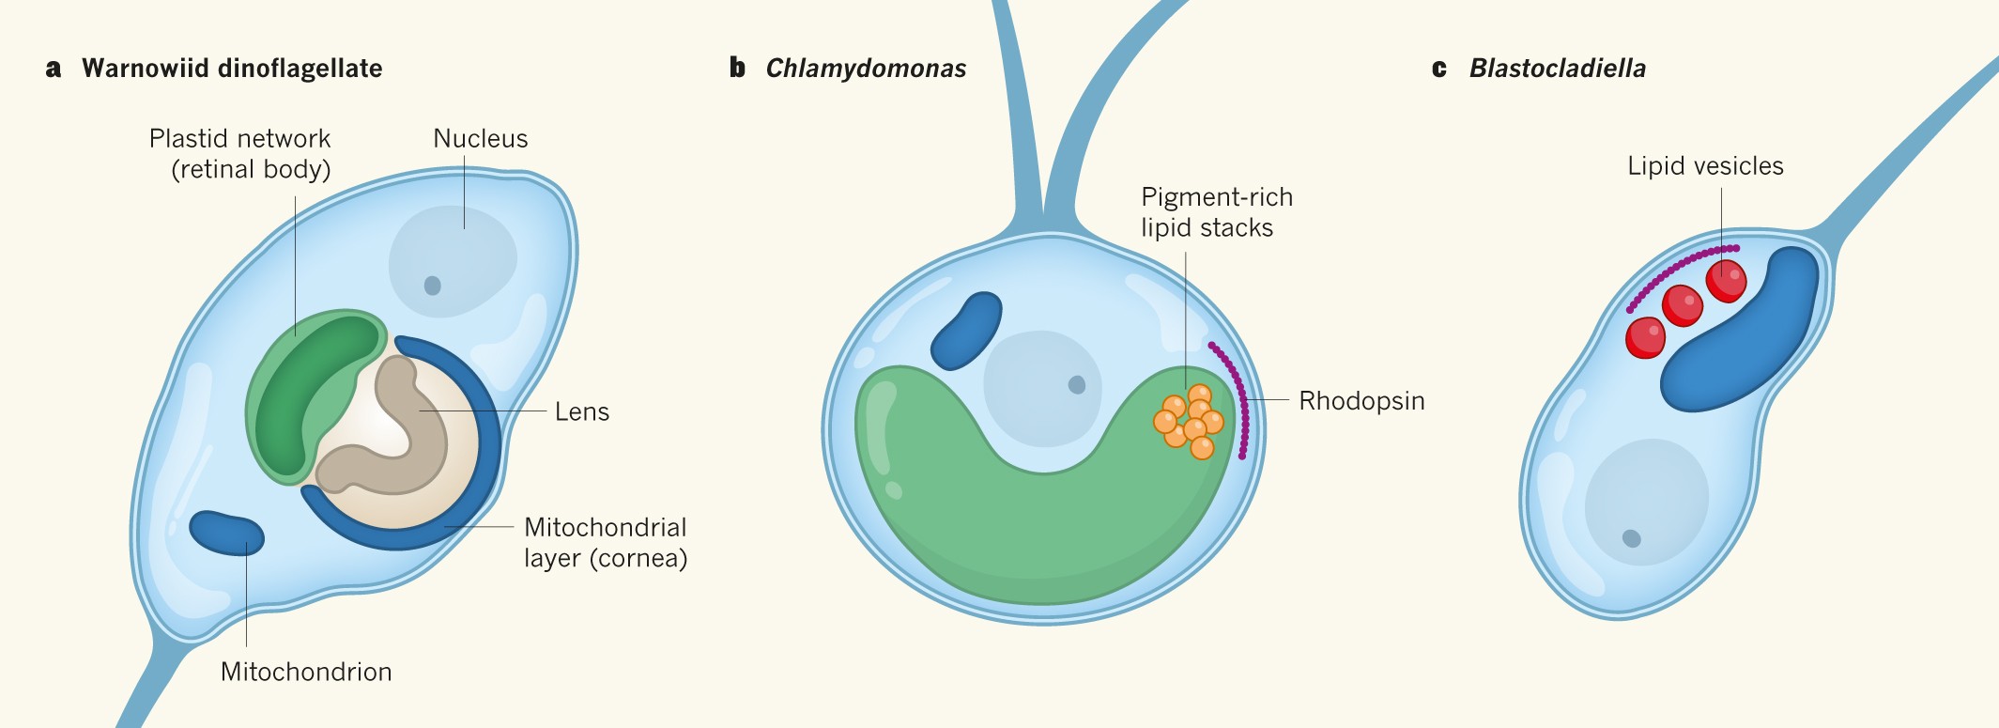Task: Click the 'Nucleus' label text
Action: point(480,139)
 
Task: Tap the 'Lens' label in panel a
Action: point(581,412)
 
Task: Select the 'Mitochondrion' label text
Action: point(306,672)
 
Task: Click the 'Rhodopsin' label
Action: point(1361,401)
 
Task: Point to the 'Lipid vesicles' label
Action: point(1705,166)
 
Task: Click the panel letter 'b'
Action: point(737,68)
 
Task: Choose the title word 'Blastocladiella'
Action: point(1557,69)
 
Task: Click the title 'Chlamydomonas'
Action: point(866,69)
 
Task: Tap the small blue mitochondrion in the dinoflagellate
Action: point(226,533)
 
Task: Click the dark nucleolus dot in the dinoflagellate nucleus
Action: point(432,285)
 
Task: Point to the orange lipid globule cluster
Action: point(1189,421)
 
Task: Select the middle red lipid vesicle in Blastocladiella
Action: point(1682,305)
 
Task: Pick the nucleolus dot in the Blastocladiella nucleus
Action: point(1631,538)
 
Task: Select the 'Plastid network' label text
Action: point(239,139)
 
